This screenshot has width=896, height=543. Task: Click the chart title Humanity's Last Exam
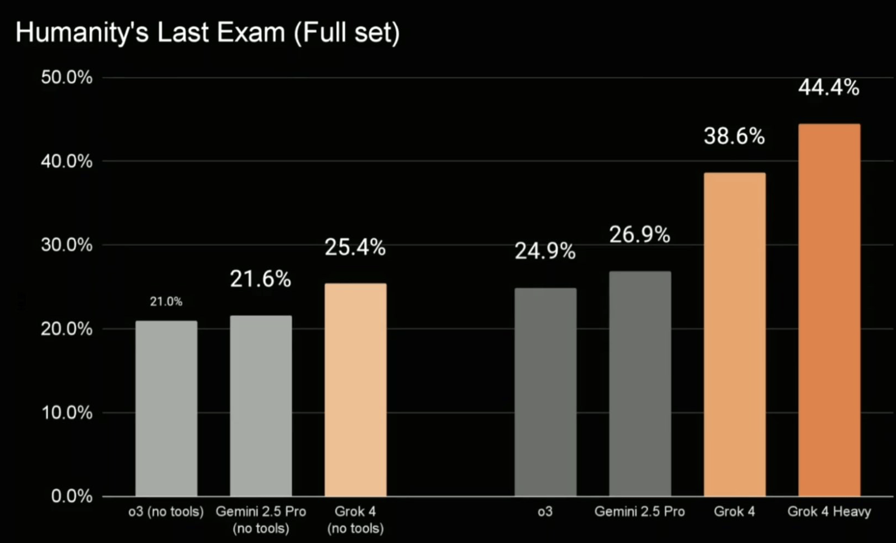(150, 33)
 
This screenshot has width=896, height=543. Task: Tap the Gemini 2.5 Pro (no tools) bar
(261, 406)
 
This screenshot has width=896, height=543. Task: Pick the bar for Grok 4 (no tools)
(355, 390)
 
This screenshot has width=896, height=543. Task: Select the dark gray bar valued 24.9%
(545, 392)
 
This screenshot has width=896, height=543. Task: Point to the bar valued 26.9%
(640, 384)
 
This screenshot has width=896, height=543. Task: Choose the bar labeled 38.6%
(735, 334)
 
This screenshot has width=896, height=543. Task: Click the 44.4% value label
(829, 88)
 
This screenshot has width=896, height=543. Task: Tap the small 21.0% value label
(166, 302)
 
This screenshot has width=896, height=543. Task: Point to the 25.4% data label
(355, 247)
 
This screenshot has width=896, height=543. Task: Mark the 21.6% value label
(261, 279)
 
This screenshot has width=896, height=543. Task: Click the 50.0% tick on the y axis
(67, 77)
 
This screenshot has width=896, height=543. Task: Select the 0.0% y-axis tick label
(72, 496)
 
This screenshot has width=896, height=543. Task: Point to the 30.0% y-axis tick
(67, 245)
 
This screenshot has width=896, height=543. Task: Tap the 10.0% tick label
(67, 412)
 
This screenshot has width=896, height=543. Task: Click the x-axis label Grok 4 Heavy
(829, 512)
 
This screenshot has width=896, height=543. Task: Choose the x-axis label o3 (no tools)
(166, 512)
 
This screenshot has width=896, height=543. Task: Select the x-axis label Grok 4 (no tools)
(355, 519)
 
